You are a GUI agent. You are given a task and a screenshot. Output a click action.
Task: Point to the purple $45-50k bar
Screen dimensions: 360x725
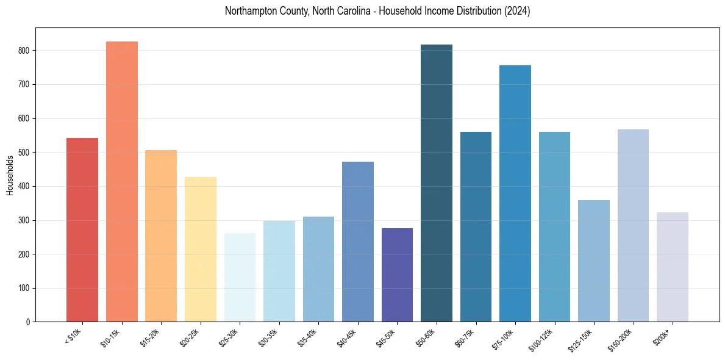(x=397, y=275)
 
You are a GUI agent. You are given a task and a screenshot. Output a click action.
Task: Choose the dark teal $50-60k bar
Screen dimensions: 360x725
(x=437, y=183)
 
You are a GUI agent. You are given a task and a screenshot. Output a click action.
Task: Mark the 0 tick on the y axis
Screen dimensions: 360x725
(x=28, y=322)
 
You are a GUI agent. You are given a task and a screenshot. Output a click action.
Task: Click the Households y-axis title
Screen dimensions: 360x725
(x=10, y=175)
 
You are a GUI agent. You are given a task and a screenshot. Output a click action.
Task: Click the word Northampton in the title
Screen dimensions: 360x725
(x=250, y=11)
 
